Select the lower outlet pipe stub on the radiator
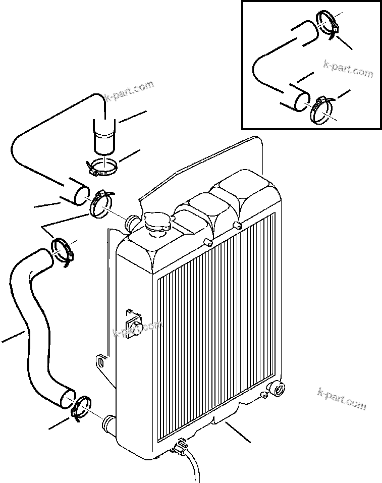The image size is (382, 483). [109, 421]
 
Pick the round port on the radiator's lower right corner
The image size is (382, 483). [277, 390]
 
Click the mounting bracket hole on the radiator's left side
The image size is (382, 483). [101, 362]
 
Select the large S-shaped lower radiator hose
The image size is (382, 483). [35, 328]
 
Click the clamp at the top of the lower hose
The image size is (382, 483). [64, 249]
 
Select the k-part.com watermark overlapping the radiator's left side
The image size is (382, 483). [137, 329]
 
